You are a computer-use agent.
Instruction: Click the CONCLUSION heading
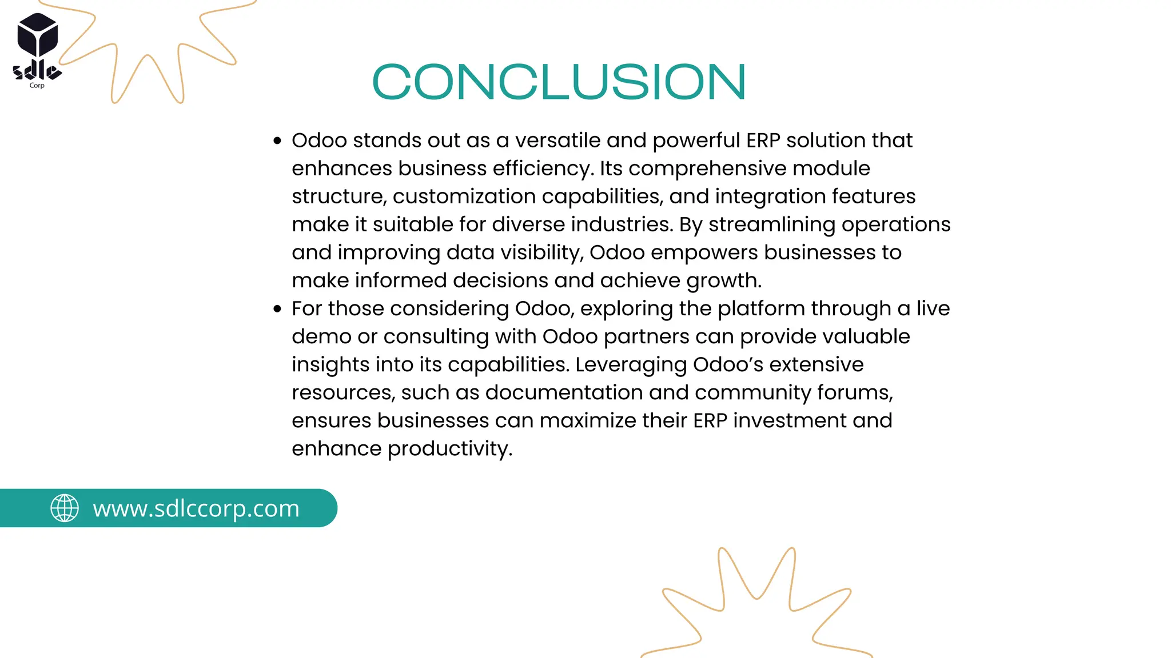pos(559,82)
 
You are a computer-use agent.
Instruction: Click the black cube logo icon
pos(38,35)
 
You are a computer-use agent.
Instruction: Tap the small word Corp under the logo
pos(37,86)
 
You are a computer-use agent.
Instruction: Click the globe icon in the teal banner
pos(65,508)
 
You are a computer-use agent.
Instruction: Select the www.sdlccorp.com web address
pos(196,508)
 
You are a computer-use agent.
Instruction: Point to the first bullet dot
pos(278,141)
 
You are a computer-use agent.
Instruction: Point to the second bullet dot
pos(278,309)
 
